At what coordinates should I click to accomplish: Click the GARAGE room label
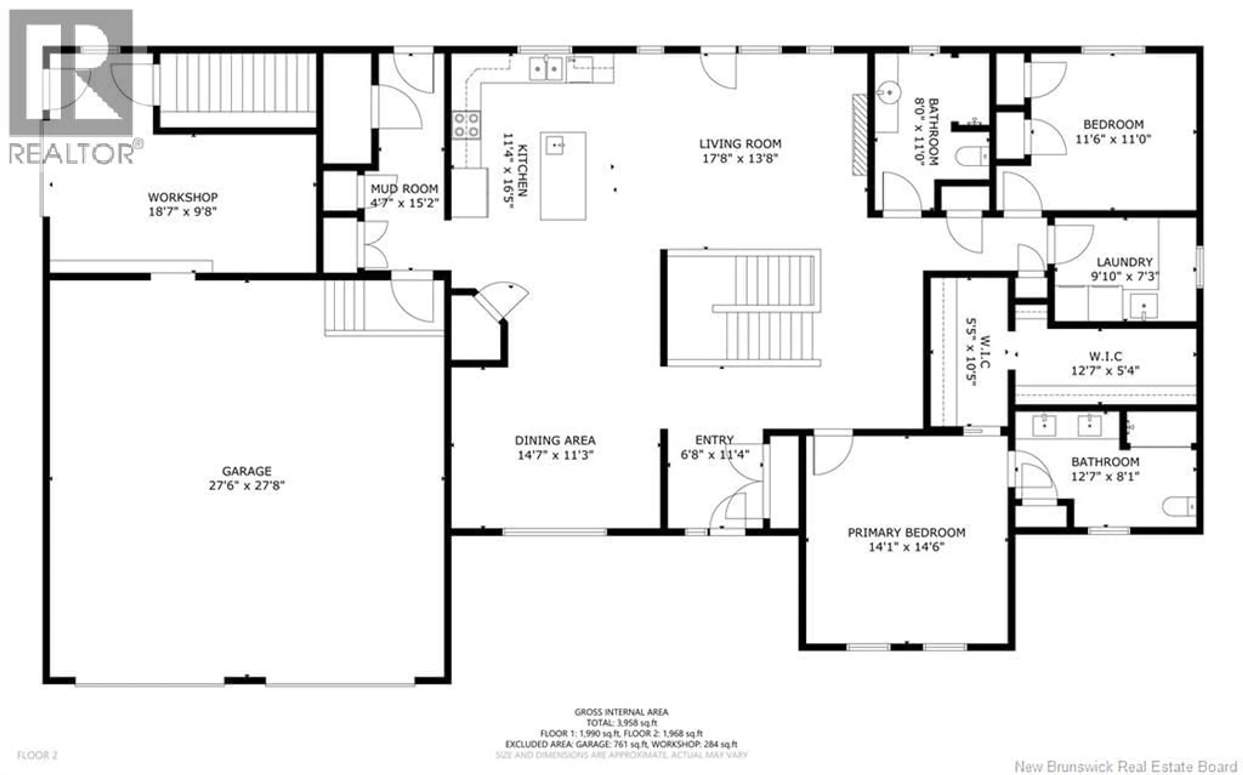coord(247,471)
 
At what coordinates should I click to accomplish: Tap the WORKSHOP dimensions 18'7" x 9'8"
coord(183,211)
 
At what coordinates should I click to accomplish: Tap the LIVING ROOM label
coord(740,144)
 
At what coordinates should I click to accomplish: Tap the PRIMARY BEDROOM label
coord(906,532)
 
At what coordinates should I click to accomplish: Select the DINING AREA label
coord(555,440)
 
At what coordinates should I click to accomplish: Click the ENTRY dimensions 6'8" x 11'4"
coord(714,454)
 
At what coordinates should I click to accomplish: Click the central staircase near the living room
coord(741,308)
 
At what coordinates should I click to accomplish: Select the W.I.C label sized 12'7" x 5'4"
coord(1105,356)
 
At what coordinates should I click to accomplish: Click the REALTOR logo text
coord(72,153)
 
